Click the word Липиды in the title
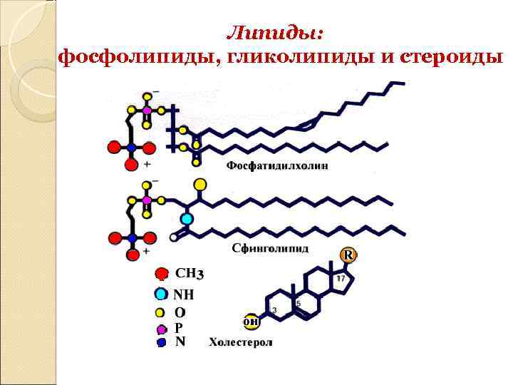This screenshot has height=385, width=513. click(274, 33)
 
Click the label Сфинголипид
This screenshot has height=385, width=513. click(270, 249)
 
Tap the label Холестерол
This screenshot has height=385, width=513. click(241, 342)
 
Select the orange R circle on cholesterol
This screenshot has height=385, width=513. click(348, 255)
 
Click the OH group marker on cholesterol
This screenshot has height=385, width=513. click(250, 322)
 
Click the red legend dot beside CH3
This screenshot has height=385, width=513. click(162, 274)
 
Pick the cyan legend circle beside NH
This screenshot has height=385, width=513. click(162, 294)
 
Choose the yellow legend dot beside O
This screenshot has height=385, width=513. click(161, 312)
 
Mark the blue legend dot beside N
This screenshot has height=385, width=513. click(162, 342)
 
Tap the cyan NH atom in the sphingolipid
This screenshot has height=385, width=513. click(187, 218)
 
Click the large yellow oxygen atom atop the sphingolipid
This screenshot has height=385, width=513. click(201, 185)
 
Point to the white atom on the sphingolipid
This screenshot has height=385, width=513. click(174, 237)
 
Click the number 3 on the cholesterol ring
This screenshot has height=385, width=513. click(274, 310)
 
